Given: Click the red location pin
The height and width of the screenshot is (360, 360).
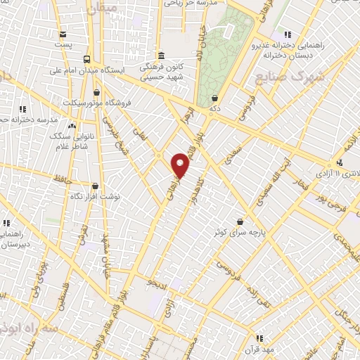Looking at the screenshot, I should [x=181, y=165].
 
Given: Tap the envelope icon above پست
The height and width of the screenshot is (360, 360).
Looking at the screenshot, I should [x=64, y=34].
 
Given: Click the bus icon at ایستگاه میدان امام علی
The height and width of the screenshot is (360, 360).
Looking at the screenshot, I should [x=86, y=59].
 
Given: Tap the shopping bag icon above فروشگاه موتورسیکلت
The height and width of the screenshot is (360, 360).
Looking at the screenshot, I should [x=96, y=91].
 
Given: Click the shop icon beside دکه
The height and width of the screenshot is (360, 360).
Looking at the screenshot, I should [x=214, y=98].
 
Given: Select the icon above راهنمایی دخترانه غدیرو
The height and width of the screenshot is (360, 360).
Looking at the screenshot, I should [x=287, y=34].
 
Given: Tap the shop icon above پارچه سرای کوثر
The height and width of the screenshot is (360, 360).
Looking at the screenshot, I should [x=240, y=220].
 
